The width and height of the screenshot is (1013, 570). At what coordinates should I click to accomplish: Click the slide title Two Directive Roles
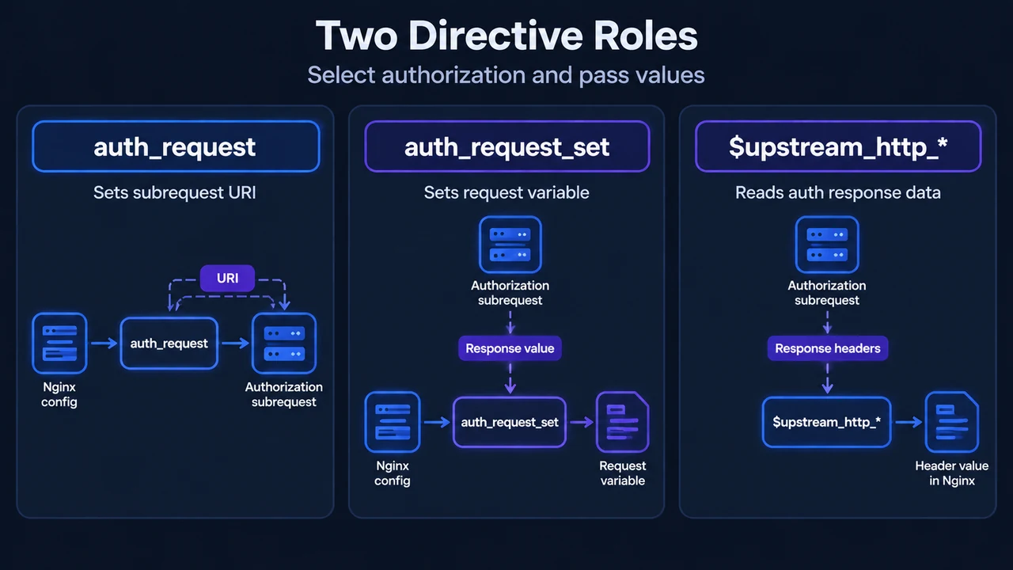[x=506, y=36]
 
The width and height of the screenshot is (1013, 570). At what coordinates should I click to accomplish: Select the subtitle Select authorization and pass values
[x=506, y=74]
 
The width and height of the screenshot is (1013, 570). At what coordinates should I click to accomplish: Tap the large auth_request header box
[x=176, y=146]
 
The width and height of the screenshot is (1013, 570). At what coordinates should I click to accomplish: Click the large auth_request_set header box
[x=507, y=146]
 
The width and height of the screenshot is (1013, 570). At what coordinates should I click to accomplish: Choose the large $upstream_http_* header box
[x=838, y=146]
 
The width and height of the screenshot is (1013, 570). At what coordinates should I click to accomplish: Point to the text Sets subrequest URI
[x=175, y=192]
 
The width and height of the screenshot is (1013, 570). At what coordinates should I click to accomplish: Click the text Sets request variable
[x=506, y=192]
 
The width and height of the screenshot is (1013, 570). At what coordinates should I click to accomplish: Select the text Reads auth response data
[x=838, y=192]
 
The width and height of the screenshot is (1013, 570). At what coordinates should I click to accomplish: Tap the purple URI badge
[x=227, y=278]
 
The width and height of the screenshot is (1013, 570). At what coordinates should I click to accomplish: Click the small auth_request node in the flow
[x=169, y=344]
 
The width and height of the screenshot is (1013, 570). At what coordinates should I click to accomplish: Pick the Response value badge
[x=510, y=348]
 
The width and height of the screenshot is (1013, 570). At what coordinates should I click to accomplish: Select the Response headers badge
[x=828, y=348]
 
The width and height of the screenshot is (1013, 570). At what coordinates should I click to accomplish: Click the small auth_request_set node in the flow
[x=510, y=422]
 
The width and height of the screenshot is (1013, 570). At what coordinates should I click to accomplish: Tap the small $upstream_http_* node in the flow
[x=827, y=422]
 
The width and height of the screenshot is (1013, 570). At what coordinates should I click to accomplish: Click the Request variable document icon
[x=623, y=422]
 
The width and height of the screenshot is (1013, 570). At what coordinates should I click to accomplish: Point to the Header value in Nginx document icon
[x=952, y=422]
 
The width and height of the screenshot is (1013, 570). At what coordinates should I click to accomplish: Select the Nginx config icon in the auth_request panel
[x=59, y=344]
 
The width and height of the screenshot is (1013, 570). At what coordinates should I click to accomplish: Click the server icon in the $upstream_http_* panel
[x=827, y=245]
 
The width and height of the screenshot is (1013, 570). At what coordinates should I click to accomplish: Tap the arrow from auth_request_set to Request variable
[x=582, y=423]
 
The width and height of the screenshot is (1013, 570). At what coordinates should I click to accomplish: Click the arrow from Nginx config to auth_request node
[x=104, y=344]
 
